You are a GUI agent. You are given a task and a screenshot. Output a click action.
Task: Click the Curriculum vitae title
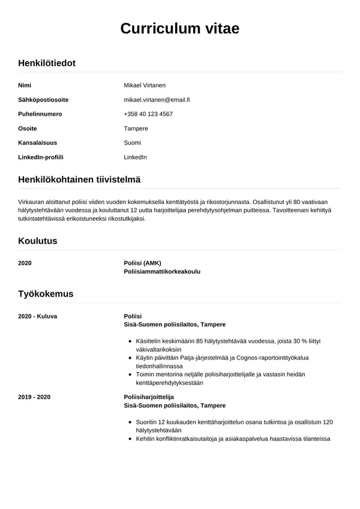pyautogui.click(x=180, y=28)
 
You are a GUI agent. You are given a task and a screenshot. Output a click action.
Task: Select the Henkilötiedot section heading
pyautogui.click(x=47, y=62)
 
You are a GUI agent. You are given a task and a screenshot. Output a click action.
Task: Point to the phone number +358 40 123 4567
pyautogui.click(x=148, y=114)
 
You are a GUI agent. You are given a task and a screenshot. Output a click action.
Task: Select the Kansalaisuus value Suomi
pyautogui.click(x=133, y=143)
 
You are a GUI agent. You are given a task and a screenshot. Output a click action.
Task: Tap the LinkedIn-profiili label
pyautogui.click(x=41, y=157)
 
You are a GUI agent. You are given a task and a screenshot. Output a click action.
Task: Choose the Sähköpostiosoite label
pyautogui.click(x=43, y=100)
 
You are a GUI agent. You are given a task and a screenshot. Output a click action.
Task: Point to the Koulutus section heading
pyautogui.click(x=38, y=241)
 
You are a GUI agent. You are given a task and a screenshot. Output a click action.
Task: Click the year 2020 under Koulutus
pyautogui.click(x=25, y=263)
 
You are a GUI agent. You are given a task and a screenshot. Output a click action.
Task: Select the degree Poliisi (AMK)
pyautogui.click(x=142, y=263)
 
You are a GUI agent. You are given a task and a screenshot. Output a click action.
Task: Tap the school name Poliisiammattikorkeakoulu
pyautogui.click(x=162, y=271)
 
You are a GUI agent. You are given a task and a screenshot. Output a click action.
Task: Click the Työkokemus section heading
pyautogui.click(x=46, y=294)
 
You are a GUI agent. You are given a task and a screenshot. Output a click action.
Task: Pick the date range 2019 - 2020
pyautogui.click(x=35, y=397)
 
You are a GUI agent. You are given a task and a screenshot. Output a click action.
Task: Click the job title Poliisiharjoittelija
pyautogui.click(x=149, y=397)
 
